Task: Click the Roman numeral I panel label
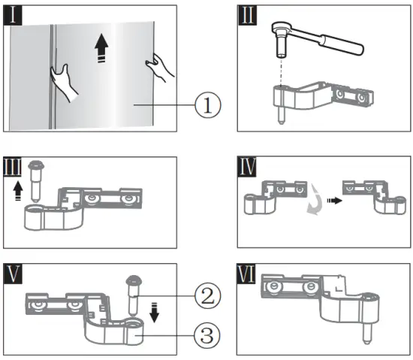tap(13, 15)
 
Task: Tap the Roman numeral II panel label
tap(247, 15)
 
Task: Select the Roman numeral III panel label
tap(12, 167)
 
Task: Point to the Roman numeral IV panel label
tap(247, 167)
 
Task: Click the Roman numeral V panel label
tap(13, 274)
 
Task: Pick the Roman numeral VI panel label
tap(246, 274)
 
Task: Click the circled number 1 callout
tap(208, 105)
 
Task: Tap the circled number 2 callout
tap(208, 295)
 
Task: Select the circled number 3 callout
tap(207, 335)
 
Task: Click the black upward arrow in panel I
tap(101, 48)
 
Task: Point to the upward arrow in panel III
tap(18, 191)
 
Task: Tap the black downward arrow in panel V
tap(154, 313)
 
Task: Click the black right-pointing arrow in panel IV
tap(334, 201)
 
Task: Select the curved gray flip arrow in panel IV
tap(315, 199)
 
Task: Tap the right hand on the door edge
tap(159, 67)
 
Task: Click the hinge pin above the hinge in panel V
tap(134, 295)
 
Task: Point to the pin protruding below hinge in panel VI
tap(367, 334)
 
